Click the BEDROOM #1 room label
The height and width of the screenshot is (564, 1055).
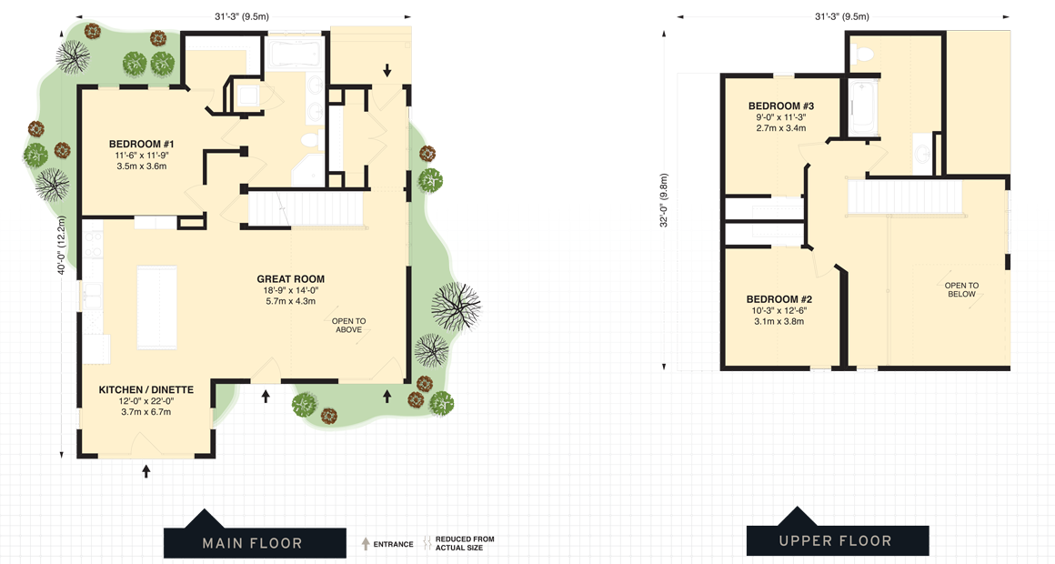(x=141, y=145)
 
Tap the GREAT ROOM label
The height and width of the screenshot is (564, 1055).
(x=290, y=279)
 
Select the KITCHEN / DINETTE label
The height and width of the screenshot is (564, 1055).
(x=146, y=390)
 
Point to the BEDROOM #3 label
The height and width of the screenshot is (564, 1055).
(x=780, y=106)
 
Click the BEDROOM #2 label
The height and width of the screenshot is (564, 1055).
(x=779, y=299)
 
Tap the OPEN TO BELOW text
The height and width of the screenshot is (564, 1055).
(x=961, y=289)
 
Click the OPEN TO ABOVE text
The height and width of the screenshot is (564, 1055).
(x=348, y=325)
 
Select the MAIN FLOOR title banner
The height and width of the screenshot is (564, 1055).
(x=252, y=543)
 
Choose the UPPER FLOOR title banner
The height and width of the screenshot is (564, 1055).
(x=835, y=541)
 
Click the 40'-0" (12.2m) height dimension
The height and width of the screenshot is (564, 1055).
(x=61, y=246)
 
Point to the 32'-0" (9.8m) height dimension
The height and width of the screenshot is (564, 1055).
(x=665, y=200)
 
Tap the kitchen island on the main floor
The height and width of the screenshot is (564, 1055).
(x=156, y=307)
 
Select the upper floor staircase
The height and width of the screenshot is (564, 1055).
(x=904, y=197)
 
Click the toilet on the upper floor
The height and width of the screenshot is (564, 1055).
(x=864, y=53)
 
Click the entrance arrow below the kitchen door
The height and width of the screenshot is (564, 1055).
(x=146, y=470)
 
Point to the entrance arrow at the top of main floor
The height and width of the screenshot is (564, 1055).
(x=387, y=70)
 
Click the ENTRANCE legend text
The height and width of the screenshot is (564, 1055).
(x=393, y=544)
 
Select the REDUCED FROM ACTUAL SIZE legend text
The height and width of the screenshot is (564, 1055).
(x=465, y=543)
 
